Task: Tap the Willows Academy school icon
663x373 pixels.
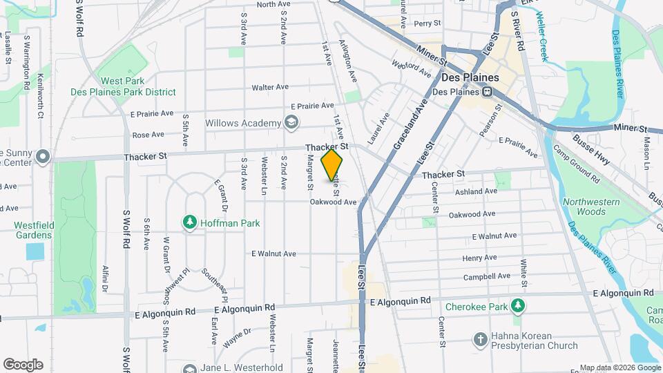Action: (x=291, y=123)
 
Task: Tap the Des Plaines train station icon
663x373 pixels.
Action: (x=488, y=92)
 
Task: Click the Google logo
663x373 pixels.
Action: (x=23, y=365)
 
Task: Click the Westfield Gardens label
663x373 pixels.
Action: (x=32, y=230)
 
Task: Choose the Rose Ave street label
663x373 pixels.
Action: (x=148, y=135)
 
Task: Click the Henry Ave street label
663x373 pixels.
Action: (x=479, y=258)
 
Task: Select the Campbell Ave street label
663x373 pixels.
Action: (x=486, y=276)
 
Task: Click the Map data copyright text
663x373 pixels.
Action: (x=619, y=367)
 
